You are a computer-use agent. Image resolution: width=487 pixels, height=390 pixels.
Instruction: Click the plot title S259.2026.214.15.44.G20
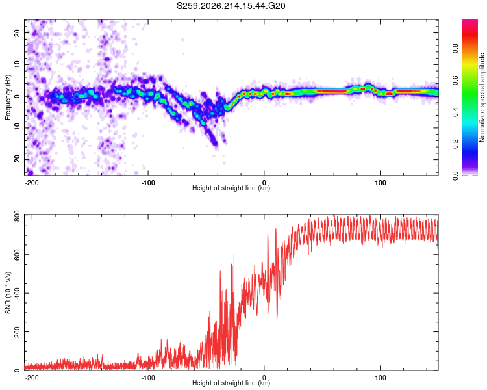231,6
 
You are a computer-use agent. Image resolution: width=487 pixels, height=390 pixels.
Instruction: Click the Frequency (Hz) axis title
8,97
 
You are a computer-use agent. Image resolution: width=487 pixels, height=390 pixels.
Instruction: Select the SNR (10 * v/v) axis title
8,292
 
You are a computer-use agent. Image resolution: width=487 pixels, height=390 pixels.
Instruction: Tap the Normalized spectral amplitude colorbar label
482,97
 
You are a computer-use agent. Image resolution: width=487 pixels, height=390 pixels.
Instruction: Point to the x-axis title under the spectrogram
231,188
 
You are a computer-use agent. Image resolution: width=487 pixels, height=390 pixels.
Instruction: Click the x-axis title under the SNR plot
231,383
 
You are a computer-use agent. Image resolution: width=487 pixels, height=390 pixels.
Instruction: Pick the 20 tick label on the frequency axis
18,33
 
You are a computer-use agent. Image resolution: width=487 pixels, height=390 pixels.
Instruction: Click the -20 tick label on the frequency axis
18,160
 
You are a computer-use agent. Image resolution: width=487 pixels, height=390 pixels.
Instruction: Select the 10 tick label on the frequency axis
18,64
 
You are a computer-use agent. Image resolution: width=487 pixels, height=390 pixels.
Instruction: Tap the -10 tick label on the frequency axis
18,128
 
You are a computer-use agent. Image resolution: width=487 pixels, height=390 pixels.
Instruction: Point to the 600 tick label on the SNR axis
18,254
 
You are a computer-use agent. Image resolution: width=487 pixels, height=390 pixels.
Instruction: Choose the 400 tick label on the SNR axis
18,293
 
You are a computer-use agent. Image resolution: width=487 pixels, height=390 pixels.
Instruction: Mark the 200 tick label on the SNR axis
18,332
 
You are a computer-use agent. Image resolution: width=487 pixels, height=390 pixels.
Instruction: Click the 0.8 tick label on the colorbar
455,49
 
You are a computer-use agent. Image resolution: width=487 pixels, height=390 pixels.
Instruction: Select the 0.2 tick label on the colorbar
455,144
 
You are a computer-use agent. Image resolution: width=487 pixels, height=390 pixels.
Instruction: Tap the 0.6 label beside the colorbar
455,80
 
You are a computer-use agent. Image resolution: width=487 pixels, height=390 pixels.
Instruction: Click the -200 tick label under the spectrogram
32,183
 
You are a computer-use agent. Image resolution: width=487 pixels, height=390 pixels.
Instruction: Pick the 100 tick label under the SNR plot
380,378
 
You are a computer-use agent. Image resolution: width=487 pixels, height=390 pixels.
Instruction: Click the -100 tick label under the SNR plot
148,378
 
